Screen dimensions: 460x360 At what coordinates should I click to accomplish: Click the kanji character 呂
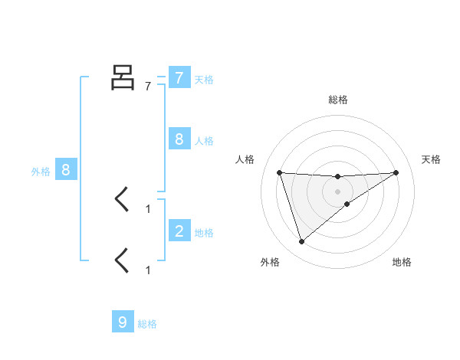coord(123,77)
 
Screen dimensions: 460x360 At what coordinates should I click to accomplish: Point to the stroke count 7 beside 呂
coord(148,87)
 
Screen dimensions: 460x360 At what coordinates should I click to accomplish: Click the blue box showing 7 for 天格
coord(179,77)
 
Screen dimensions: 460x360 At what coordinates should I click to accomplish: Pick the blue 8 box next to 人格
coord(179,139)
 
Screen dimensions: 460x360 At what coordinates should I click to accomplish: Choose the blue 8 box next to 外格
coord(66,170)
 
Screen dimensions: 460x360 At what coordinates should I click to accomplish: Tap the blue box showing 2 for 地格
coord(179,231)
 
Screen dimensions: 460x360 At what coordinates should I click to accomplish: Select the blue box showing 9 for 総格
coord(123,322)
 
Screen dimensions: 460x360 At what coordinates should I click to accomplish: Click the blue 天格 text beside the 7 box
coord(204,79)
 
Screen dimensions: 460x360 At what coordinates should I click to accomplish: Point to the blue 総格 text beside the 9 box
coord(147,324)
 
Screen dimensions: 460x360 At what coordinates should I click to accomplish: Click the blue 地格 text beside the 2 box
coord(204,232)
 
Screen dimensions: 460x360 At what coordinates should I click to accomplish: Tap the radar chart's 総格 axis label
coord(338,100)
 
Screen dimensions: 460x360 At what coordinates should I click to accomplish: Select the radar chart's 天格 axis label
coord(432,159)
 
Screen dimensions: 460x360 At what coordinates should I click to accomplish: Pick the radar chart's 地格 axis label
coord(402,262)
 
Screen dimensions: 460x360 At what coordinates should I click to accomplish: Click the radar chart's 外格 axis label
coord(270,262)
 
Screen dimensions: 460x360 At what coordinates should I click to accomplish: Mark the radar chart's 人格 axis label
coord(245,159)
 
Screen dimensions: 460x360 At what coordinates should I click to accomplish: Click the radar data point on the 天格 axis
coord(396,172)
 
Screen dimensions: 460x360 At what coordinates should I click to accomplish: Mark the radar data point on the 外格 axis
coord(301,242)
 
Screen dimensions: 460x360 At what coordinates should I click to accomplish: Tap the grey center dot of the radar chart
coord(338,191)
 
